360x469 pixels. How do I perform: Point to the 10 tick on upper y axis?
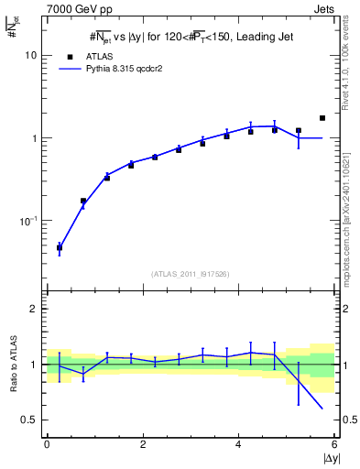point(30,55)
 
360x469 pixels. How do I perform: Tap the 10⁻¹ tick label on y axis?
point(27,221)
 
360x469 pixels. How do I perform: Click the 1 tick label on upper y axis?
point(34,138)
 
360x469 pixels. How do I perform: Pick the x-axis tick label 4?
point(239,444)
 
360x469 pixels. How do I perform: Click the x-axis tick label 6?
point(334,444)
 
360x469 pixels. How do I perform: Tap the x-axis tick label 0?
point(47,444)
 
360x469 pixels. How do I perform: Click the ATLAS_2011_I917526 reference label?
point(191,274)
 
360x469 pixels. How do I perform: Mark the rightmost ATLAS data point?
point(322,118)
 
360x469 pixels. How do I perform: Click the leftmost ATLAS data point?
point(60,247)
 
